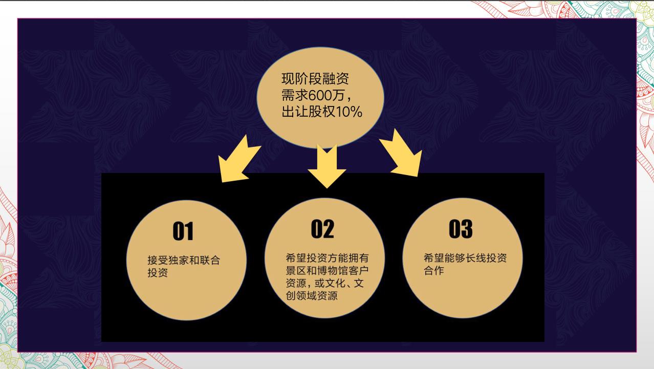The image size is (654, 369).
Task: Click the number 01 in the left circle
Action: tap(183, 231)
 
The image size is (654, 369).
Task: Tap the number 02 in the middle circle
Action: tap(322, 229)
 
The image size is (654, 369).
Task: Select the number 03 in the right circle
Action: tap(461, 229)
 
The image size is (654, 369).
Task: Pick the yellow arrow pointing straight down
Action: tap(327, 166)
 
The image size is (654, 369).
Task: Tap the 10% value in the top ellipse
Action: tap(349, 112)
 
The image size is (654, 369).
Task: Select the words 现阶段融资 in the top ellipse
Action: tap(315, 78)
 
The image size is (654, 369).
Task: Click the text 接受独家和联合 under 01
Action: tap(184, 260)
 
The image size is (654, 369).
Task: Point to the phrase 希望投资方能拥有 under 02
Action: tap(327, 258)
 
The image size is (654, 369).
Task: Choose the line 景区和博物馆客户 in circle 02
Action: tap(327, 270)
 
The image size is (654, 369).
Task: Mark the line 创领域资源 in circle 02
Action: tap(312, 295)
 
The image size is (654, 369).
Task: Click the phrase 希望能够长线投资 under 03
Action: tap(465, 258)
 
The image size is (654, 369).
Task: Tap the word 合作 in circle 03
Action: tap(434, 270)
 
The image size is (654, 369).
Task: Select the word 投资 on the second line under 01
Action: tap(158, 272)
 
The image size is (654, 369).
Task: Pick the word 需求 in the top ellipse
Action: tap(295, 95)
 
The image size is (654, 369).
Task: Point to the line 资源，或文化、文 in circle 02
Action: tap(324, 283)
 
